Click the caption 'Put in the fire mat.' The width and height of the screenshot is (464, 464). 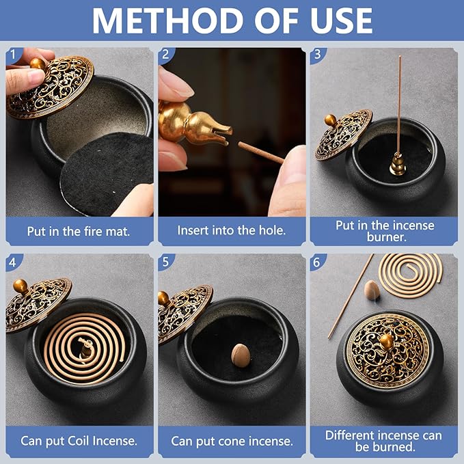79,231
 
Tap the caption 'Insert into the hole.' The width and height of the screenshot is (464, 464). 231,231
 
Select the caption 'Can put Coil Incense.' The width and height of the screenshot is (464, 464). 79,441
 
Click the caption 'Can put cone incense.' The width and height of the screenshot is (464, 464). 231,441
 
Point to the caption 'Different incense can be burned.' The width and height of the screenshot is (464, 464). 383,441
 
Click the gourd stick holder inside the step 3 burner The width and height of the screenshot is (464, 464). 396,164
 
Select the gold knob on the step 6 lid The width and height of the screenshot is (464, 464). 386,341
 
